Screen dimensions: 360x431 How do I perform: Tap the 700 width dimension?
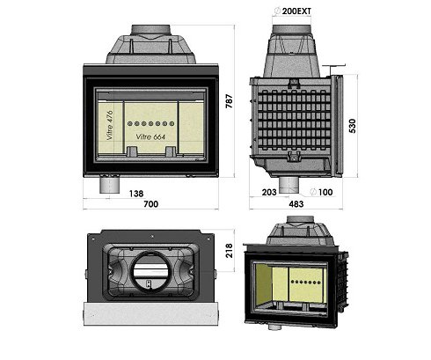pyautogui.click(x=150, y=205)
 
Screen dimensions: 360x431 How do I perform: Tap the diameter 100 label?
pyautogui.click(x=328, y=191)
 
